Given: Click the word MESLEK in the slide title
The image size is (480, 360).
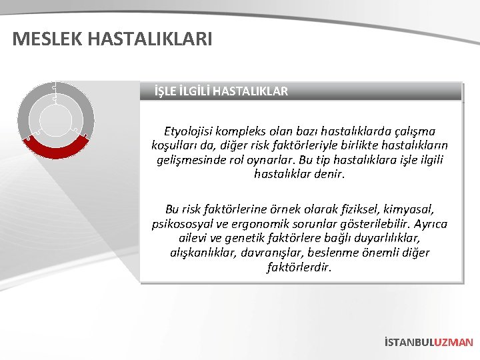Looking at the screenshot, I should [45, 39].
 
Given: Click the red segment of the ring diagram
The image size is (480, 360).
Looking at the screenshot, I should [56, 147].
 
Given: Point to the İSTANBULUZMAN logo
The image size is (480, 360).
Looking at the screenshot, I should [429, 342].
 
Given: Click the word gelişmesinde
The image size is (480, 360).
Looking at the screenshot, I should [193, 161].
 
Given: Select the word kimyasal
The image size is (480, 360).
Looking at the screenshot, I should [409, 209].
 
